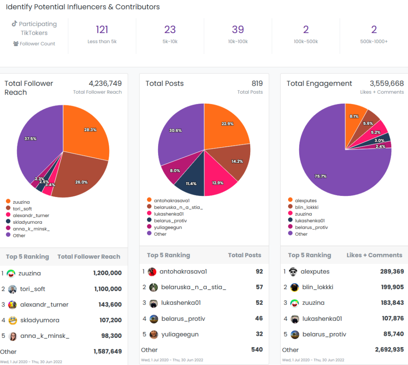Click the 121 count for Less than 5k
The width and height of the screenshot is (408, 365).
coord(102,30)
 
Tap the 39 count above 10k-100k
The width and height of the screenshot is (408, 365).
coord(238,30)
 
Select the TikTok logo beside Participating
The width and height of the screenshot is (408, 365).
coord(14,24)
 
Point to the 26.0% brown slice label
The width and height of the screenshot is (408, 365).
coord(81,182)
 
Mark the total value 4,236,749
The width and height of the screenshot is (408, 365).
coord(105,83)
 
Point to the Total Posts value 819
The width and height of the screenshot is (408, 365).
coord(257,83)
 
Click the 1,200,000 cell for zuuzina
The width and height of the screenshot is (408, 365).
coord(107,273)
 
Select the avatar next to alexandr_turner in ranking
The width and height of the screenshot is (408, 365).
coord(12,305)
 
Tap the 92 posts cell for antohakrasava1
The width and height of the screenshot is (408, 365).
coord(259,272)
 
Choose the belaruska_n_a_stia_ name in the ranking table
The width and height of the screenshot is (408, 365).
coord(194,287)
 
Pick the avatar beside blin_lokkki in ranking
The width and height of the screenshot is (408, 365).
coord(294,287)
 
